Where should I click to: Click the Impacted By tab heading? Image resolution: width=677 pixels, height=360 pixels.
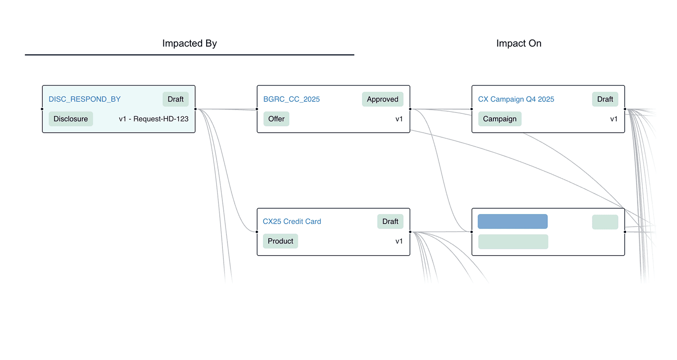point(190,44)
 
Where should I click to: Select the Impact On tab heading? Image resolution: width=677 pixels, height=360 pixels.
point(519,44)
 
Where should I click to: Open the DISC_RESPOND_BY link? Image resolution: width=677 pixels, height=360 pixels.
point(85,99)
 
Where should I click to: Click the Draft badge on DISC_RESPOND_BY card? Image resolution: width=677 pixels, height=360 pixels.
point(176,99)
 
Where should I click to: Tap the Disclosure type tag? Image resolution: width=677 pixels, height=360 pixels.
point(71,119)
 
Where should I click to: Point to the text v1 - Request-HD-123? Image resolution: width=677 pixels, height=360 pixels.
point(153,119)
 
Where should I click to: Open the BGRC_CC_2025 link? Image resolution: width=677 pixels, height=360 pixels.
point(292,99)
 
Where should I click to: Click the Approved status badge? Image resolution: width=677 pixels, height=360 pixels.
point(382,99)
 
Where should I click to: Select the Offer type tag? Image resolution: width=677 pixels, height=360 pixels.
point(276,119)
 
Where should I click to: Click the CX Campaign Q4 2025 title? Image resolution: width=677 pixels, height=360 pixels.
point(516,99)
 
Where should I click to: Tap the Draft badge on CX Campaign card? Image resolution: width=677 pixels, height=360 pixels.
point(605,99)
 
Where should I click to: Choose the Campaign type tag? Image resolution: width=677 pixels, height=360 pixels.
point(500,119)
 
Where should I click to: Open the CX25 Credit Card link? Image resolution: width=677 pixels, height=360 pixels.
point(292,222)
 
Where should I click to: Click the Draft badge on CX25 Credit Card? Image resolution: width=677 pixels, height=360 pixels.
point(390,221)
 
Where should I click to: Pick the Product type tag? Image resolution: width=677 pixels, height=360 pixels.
point(280,241)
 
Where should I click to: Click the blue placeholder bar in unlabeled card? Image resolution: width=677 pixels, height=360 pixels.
point(512,221)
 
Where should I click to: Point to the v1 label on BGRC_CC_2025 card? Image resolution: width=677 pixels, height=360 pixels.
point(399,119)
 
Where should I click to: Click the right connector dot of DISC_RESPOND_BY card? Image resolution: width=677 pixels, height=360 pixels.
point(195,109)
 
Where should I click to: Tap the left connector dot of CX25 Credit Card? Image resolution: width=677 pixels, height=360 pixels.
point(257,232)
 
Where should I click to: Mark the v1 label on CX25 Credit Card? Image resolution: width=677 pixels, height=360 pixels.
point(399,241)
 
